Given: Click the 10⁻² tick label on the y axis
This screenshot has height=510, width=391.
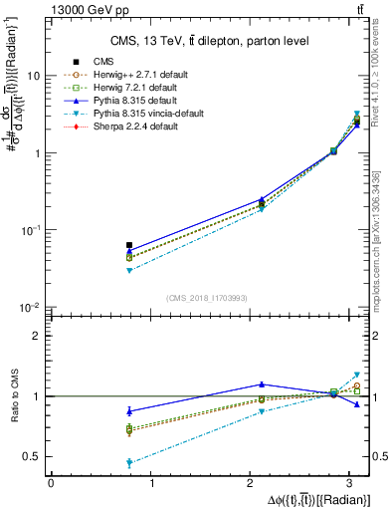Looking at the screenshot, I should [x=32, y=308].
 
